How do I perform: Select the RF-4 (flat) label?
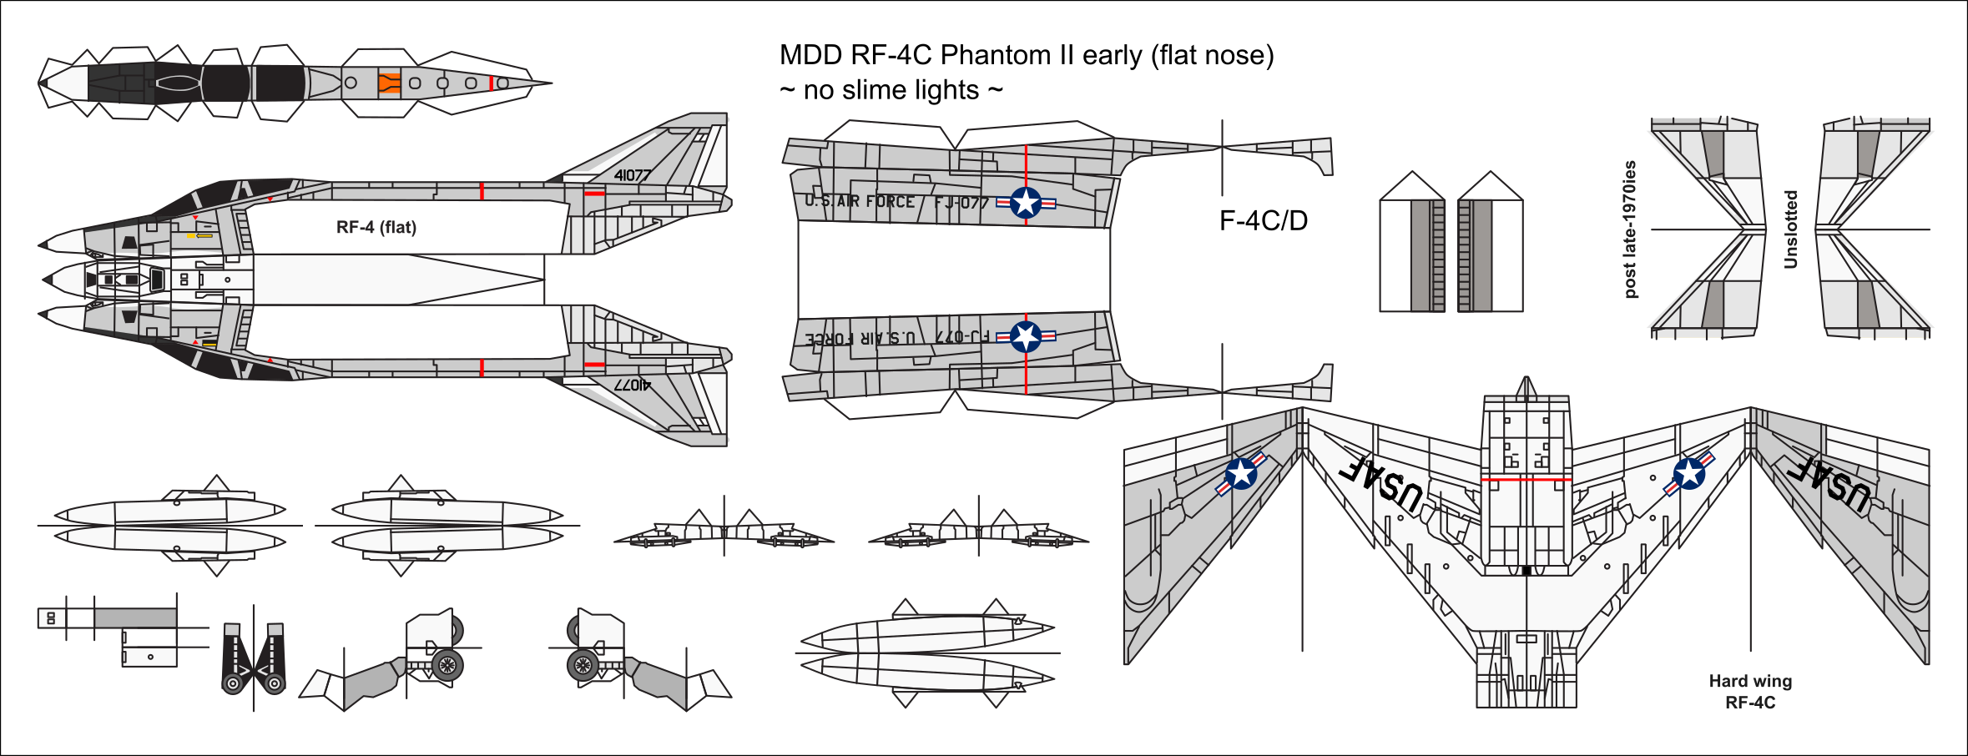tap(376, 227)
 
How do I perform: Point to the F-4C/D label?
tap(1263, 220)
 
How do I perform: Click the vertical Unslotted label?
tap(1790, 229)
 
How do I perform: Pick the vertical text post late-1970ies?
tap(1630, 229)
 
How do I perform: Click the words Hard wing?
tap(1750, 681)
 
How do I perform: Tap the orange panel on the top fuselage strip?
tap(389, 83)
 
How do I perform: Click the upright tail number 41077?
tap(632, 175)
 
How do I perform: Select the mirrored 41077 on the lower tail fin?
tap(632, 385)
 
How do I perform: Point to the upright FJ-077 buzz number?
tap(961, 203)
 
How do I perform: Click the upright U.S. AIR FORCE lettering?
tap(860, 201)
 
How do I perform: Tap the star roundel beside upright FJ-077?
tap(1026, 203)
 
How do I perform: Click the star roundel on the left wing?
tap(1241, 474)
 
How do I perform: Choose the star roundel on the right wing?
tap(1689, 474)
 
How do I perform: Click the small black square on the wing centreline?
tap(1526, 571)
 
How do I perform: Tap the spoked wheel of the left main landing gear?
tap(447, 665)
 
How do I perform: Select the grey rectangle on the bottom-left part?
tap(135, 617)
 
